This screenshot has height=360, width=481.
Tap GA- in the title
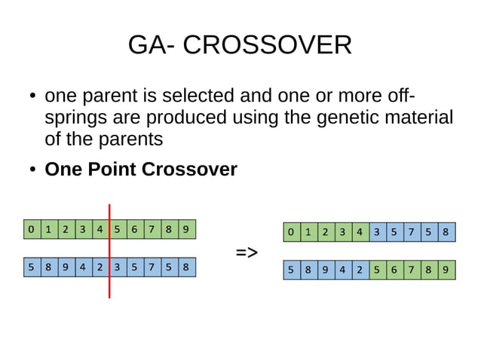point(152,46)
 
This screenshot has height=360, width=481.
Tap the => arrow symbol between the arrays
point(247,252)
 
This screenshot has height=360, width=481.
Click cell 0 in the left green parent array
point(31,229)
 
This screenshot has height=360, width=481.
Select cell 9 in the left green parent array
point(186,229)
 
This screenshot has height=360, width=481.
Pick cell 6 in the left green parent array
point(134,229)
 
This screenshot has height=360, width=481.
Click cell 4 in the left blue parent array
point(82,267)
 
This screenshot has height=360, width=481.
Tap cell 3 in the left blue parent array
point(117,267)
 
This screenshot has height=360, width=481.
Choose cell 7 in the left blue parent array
point(152,267)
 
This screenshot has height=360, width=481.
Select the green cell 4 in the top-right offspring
point(360,232)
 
